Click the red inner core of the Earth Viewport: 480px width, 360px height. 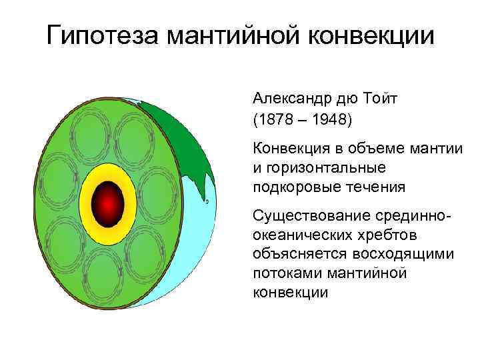coord(109,201)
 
